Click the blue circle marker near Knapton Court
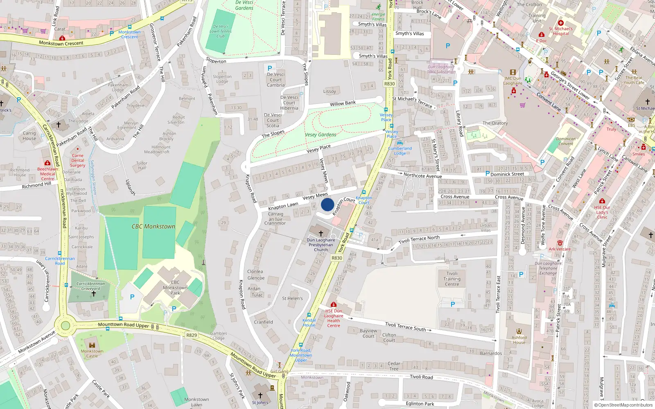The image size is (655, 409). point(327,204)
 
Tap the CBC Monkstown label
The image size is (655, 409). point(153,226)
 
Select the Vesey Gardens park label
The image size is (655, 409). point(321,135)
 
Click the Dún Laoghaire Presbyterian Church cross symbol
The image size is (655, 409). point(321,234)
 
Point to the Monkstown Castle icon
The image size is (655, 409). point(92,345)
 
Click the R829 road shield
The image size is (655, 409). point(192,335)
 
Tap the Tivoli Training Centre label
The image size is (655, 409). point(452,279)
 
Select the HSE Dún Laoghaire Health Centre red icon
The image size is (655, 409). point(334,305)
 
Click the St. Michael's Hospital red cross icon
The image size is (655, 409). point(561,23)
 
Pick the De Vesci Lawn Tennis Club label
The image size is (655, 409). point(221,31)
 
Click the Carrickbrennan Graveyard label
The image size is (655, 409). point(90,286)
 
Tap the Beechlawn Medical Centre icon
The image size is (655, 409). point(47,163)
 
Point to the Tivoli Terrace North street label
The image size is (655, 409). point(419,239)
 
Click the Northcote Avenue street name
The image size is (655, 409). point(422,175)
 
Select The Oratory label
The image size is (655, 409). point(495,123)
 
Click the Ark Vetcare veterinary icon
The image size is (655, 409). point(560,243)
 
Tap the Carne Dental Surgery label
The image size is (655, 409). point(77,160)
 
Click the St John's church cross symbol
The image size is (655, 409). point(260,396)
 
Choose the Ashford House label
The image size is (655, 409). point(519,340)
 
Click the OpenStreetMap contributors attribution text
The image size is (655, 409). point(623,405)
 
